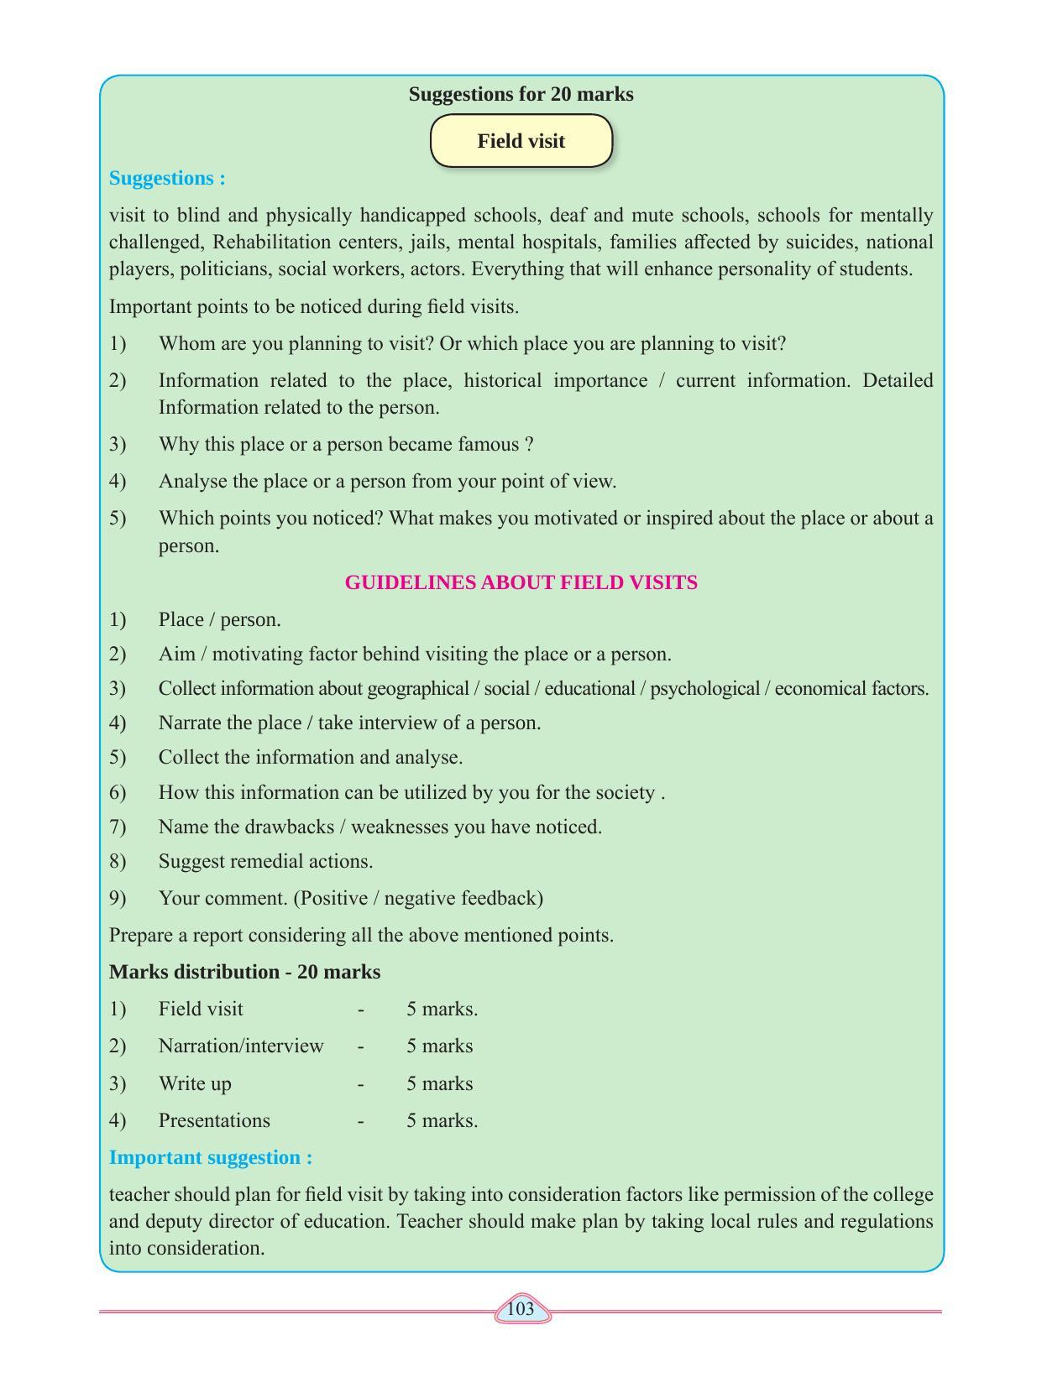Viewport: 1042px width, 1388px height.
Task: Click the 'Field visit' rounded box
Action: click(x=521, y=141)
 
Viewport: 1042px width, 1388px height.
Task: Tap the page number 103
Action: click(x=521, y=1309)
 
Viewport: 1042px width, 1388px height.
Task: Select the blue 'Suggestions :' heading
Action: click(x=167, y=178)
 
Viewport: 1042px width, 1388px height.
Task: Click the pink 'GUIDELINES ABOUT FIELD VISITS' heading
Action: click(x=521, y=582)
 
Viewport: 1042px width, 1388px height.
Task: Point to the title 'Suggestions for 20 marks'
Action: click(x=521, y=94)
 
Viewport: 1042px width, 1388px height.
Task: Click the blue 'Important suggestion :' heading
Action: click(x=211, y=1157)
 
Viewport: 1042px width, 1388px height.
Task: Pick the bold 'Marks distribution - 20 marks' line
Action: click(x=244, y=972)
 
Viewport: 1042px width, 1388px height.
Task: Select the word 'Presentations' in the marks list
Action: click(x=214, y=1120)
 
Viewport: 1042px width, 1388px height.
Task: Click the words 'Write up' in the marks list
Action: click(x=195, y=1083)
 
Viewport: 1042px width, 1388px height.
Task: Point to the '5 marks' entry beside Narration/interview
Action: click(x=439, y=1046)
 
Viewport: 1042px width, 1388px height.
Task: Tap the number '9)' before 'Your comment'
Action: click(x=118, y=898)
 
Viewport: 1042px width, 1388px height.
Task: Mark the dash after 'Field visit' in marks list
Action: click(x=360, y=1009)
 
